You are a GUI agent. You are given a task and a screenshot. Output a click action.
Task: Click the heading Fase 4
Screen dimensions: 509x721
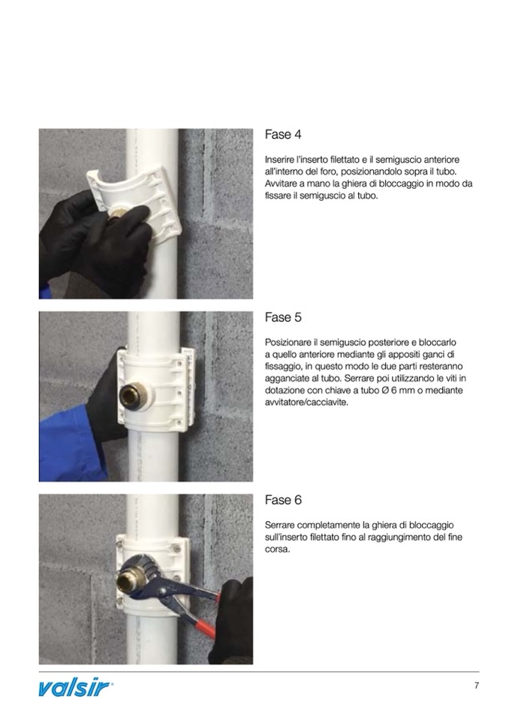[x=283, y=135]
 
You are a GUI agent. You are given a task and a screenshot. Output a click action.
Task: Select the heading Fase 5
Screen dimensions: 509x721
[x=283, y=317]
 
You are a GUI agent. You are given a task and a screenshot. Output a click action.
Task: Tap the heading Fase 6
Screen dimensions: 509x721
[x=283, y=500]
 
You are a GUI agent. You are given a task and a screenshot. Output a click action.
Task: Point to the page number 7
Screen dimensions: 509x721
[x=477, y=686]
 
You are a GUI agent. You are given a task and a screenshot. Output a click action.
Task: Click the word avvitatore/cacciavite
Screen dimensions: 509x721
[x=306, y=402]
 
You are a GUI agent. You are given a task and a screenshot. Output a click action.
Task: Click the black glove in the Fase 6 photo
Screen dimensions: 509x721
[x=232, y=621]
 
